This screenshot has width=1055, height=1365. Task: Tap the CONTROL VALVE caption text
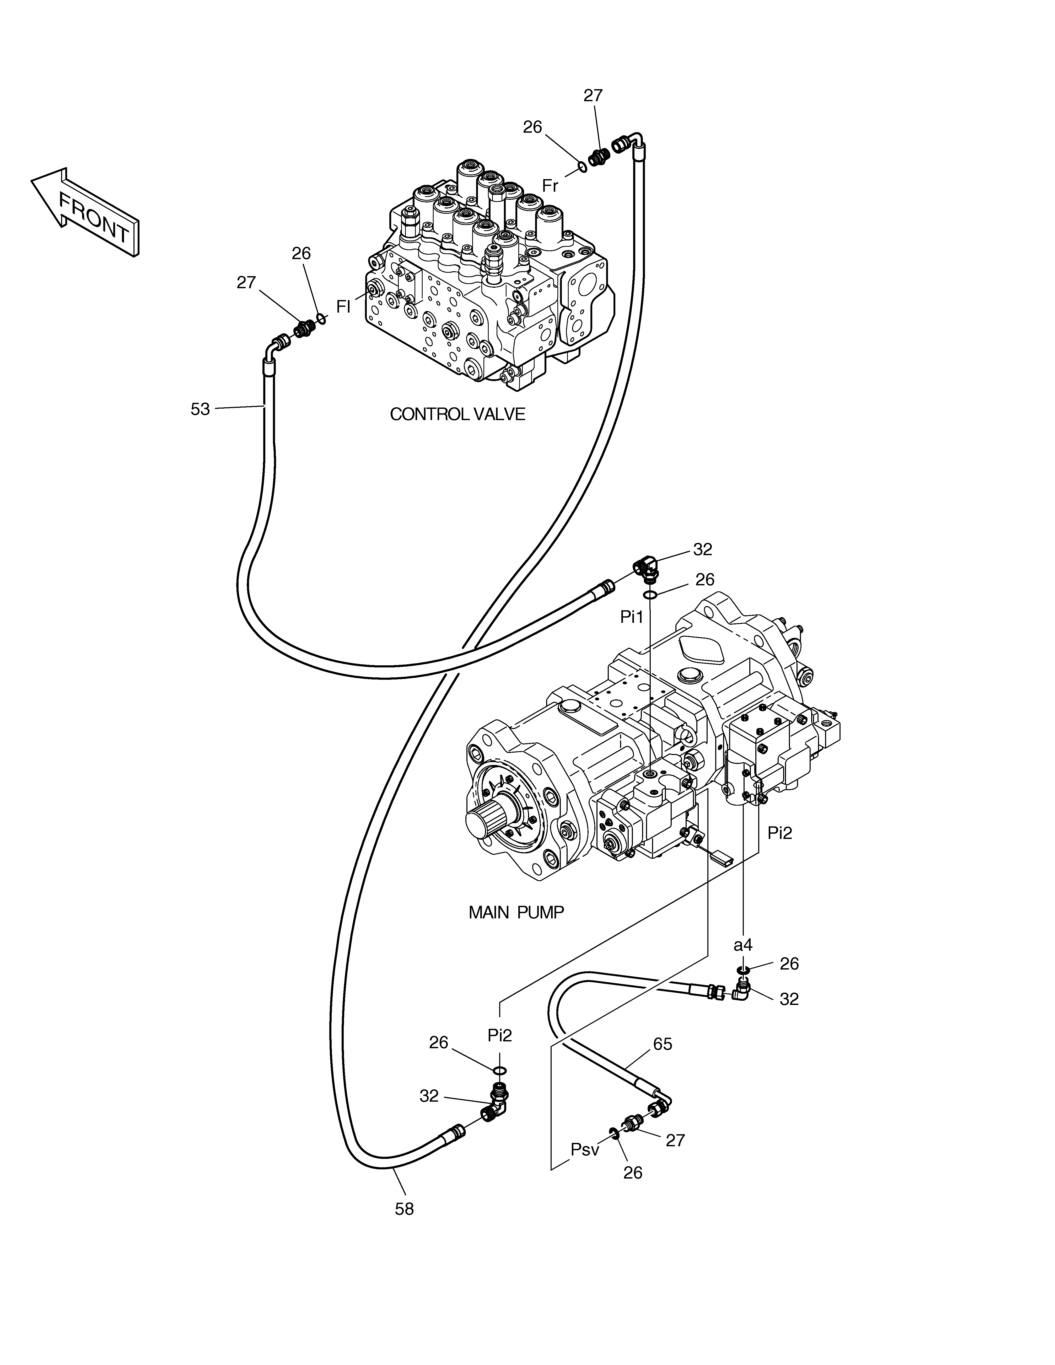coord(457,414)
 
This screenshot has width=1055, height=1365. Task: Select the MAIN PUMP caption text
coord(516,913)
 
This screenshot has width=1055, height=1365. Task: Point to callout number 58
coord(404,1209)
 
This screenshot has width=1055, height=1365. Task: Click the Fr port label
coord(550,186)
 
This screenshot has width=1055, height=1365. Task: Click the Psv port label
coord(585,1149)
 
